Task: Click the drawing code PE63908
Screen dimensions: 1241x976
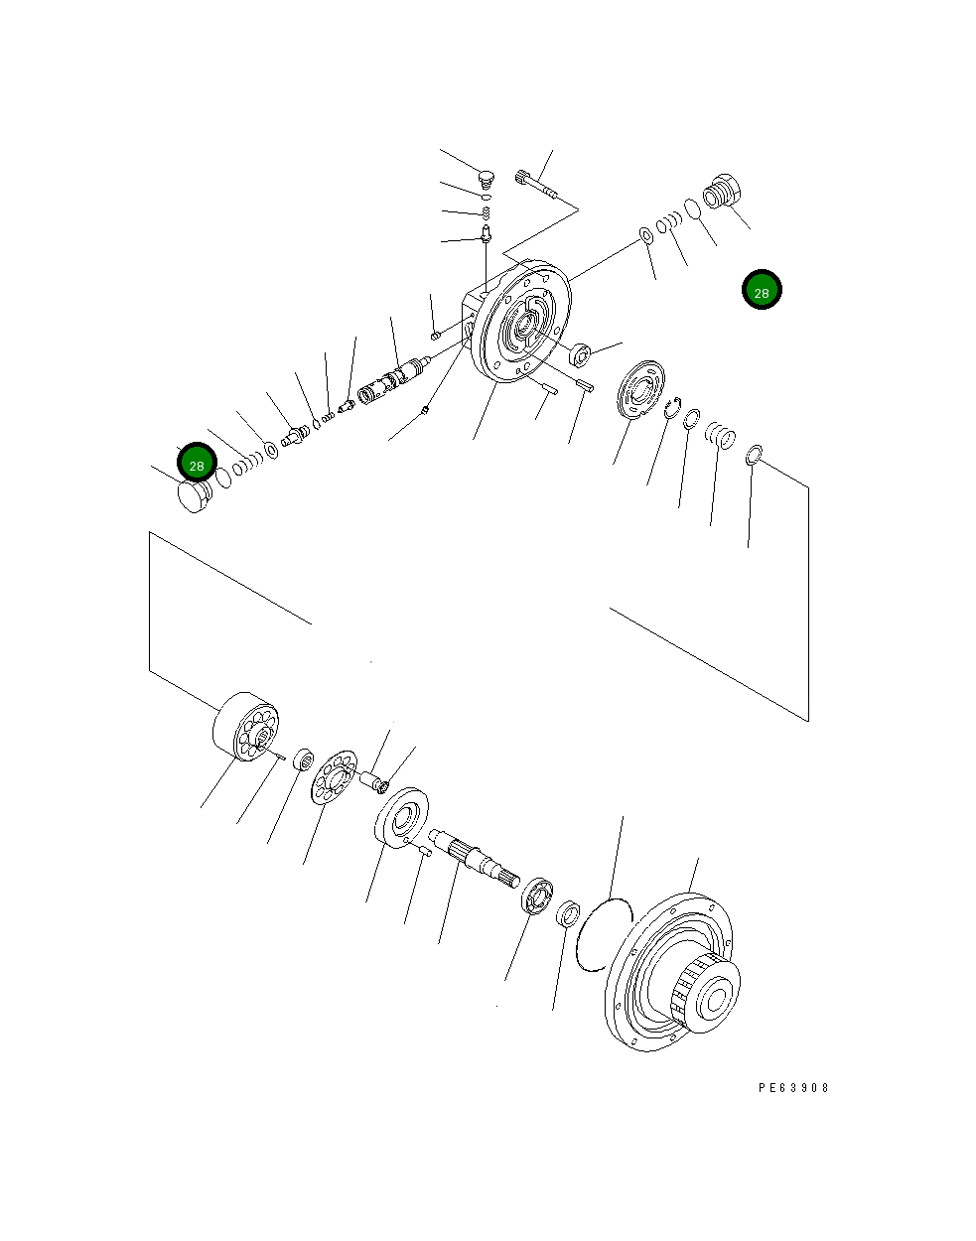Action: click(x=792, y=1087)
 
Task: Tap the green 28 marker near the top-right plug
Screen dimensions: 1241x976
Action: click(x=762, y=290)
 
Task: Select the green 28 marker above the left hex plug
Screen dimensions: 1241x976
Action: click(x=197, y=463)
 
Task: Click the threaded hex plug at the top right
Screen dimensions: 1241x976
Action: click(x=725, y=190)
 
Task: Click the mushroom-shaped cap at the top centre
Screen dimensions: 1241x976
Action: click(x=485, y=178)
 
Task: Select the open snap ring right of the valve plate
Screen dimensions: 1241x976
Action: click(x=672, y=407)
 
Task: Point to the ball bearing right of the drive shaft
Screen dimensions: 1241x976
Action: click(x=537, y=895)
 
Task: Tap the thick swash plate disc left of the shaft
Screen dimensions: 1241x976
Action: click(x=401, y=817)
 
